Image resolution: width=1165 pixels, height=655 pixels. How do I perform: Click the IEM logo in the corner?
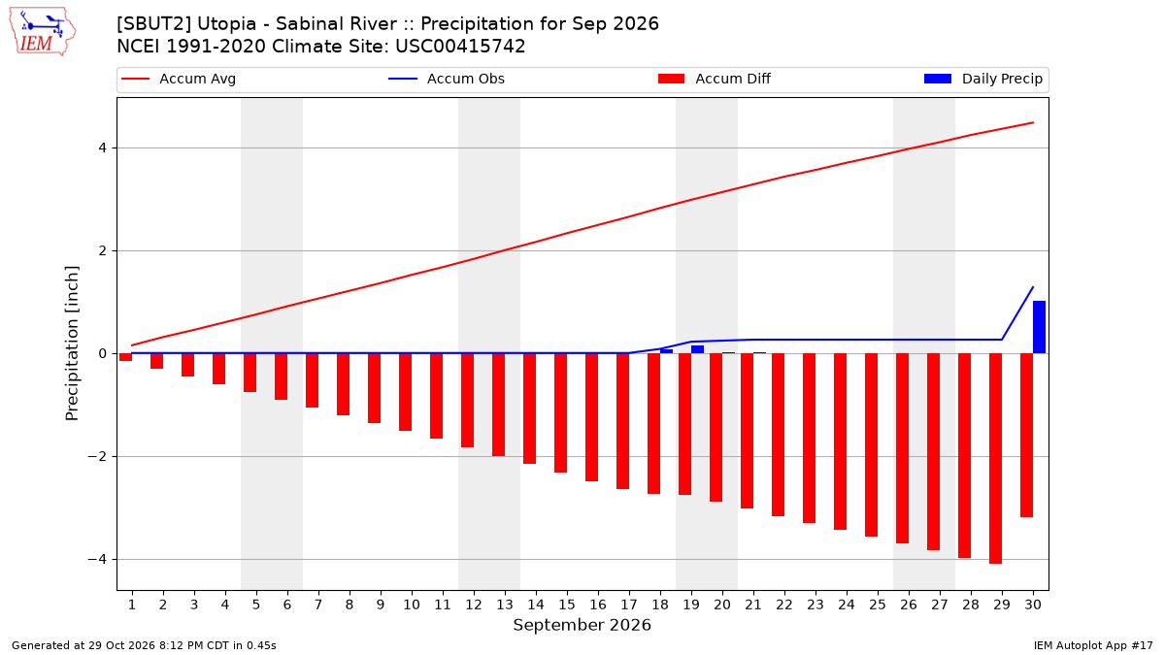point(43,32)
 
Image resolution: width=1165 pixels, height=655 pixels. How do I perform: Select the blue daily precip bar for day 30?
point(1039,327)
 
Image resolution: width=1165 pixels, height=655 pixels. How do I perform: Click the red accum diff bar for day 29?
point(995,458)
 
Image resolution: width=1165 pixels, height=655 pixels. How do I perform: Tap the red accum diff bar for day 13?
point(498,405)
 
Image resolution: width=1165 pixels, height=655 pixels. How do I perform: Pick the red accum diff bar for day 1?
point(125,357)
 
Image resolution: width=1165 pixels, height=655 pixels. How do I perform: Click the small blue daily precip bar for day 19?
point(697,349)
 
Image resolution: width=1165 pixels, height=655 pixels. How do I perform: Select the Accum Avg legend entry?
point(179,79)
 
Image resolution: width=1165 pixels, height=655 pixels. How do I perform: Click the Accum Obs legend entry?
point(447,79)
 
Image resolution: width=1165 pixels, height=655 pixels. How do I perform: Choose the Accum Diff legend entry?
point(715,79)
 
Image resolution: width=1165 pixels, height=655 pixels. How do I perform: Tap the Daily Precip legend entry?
point(982,79)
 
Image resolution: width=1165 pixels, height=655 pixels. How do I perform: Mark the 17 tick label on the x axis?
point(629,605)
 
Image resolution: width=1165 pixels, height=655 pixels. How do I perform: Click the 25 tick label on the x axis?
point(878,605)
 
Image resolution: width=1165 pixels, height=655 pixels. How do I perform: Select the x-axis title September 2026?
point(582,625)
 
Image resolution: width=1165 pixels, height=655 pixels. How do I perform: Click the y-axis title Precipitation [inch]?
point(72,344)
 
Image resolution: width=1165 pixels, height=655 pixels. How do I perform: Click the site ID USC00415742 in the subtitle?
point(460,47)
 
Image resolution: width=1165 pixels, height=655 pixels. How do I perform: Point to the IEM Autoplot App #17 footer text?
point(1093,645)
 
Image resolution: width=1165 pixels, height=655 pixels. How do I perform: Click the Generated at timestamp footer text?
point(144,645)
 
